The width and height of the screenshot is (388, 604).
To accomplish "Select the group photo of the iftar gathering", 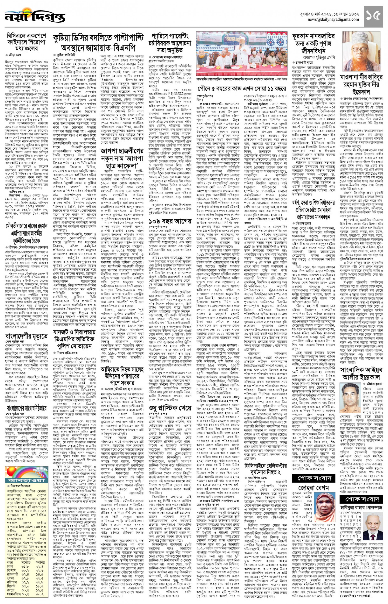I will pyautogui.click(x=243, y=54).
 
